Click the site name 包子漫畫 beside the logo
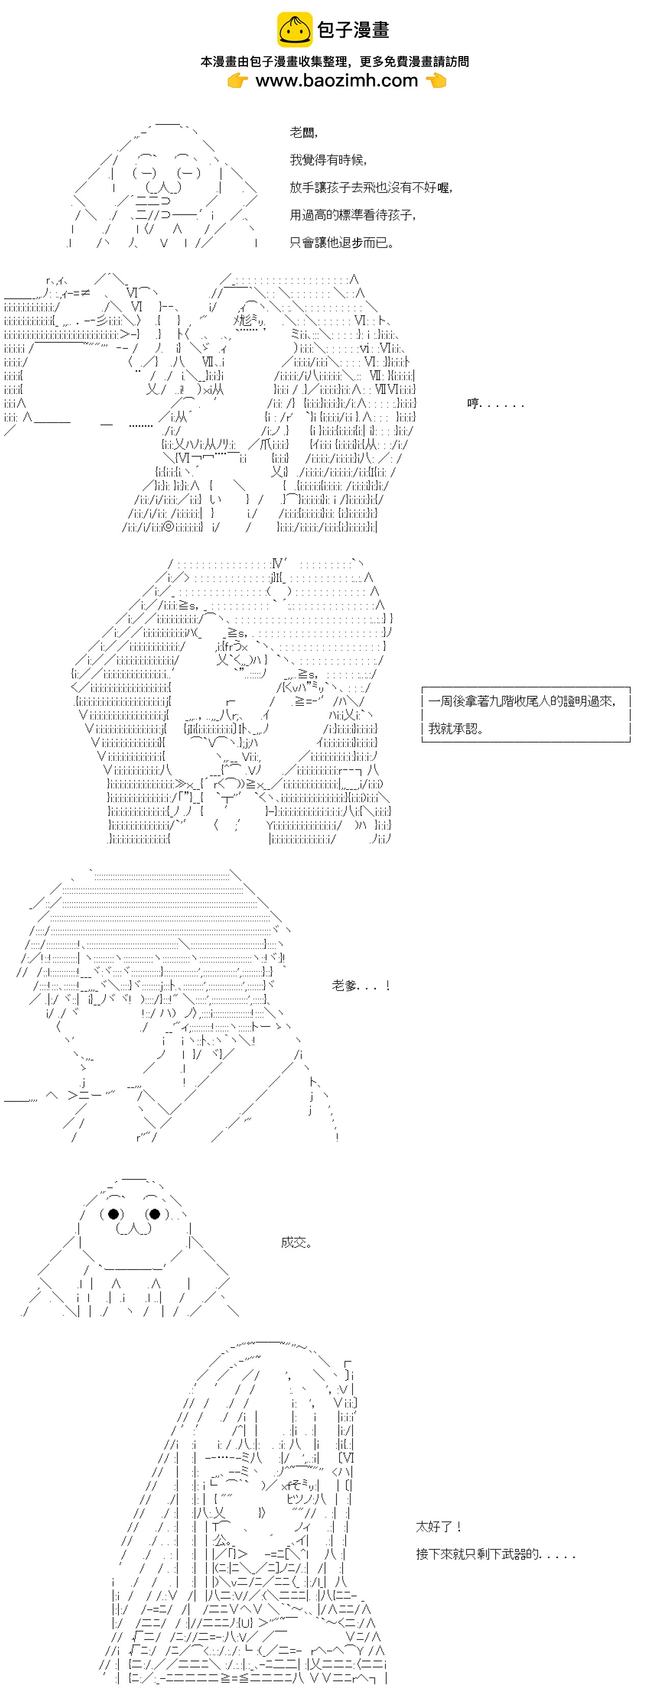tap(353, 30)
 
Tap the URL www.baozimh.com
tap(337, 81)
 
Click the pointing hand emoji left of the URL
tap(238, 81)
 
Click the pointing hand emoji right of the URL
tap(436, 81)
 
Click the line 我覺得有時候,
tap(328, 160)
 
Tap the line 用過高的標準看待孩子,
tap(352, 216)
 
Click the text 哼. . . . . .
tap(473, 403)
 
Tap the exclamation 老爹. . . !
tap(361, 986)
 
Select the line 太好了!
tap(438, 1526)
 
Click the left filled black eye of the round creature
tap(113, 1213)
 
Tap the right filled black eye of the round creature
tap(154, 1213)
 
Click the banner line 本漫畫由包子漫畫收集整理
tap(274, 61)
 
